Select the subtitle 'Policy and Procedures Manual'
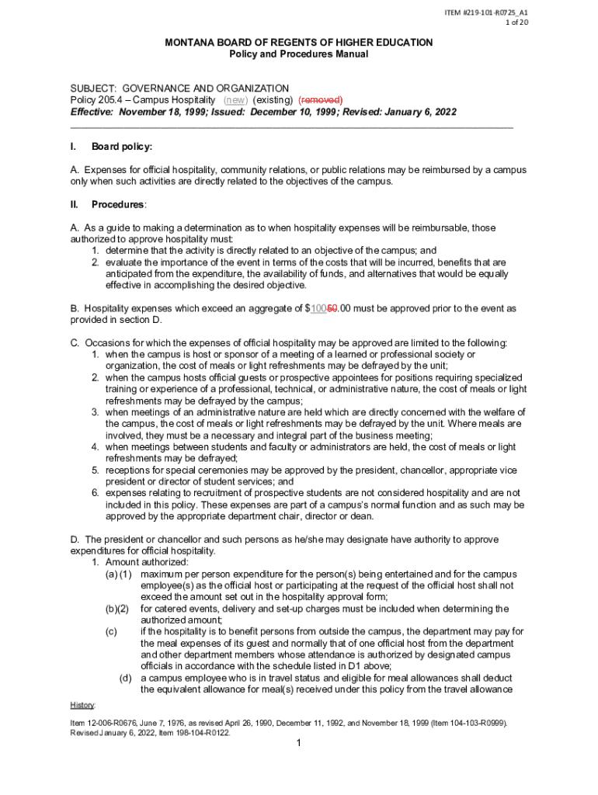(298, 54)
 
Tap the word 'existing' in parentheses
(270, 100)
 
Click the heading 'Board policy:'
(122, 147)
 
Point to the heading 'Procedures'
(117, 204)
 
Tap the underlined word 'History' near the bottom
(82, 705)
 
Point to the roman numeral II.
(74, 204)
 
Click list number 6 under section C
(95, 493)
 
